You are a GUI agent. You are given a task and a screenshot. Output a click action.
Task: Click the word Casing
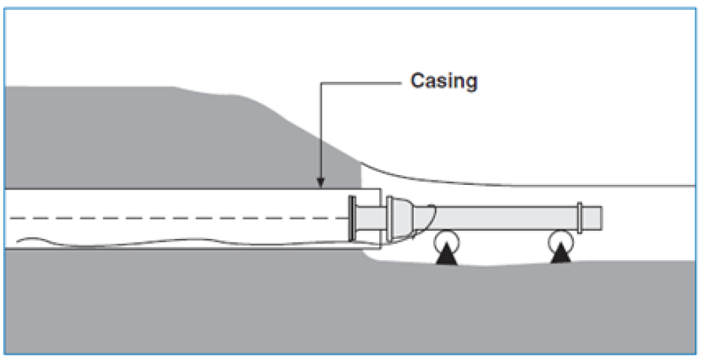(x=444, y=82)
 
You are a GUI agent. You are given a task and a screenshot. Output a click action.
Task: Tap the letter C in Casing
(x=418, y=81)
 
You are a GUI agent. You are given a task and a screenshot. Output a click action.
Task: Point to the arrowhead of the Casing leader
(x=320, y=183)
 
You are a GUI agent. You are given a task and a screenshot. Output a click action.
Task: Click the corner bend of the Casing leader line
(x=320, y=83)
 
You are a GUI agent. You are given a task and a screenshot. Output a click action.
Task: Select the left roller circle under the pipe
(x=446, y=241)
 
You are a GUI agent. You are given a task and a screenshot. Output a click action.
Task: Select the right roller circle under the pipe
(x=560, y=241)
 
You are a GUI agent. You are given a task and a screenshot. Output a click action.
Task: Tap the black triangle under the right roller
(x=560, y=255)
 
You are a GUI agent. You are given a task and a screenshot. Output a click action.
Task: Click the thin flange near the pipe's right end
(x=579, y=218)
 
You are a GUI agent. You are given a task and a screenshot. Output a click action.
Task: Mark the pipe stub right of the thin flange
(x=592, y=218)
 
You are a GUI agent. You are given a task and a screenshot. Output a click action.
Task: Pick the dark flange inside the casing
(x=352, y=219)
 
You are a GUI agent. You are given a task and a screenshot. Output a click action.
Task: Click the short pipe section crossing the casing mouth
(x=371, y=219)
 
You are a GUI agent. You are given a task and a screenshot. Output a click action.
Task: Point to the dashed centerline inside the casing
(x=179, y=218)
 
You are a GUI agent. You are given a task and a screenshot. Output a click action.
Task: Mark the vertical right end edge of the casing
(x=380, y=219)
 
